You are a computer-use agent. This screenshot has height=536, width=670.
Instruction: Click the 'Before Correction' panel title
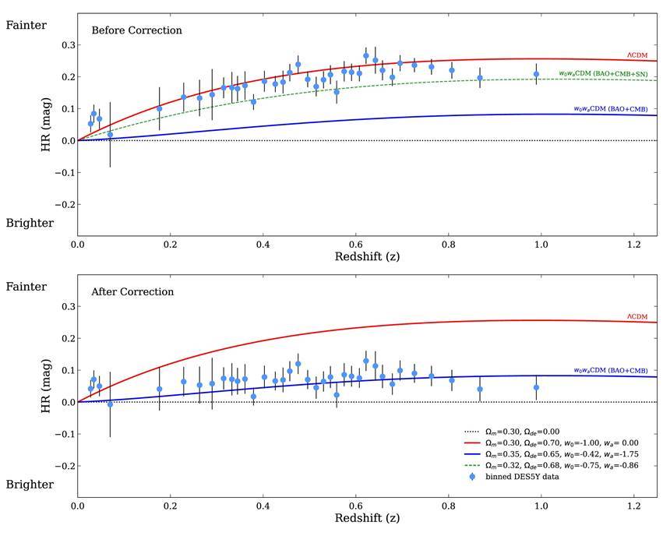tap(136, 30)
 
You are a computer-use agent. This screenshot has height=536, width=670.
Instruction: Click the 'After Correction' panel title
tap(132, 292)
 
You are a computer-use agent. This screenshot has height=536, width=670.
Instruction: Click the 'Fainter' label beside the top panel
tap(26, 25)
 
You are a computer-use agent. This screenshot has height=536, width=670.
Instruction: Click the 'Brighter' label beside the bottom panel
tap(30, 485)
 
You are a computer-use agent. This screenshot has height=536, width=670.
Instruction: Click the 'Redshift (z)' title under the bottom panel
tap(366, 518)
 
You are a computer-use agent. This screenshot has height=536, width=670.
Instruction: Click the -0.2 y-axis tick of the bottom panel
tap(63, 466)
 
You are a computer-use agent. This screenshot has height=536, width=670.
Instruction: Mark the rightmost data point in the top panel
tap(536, 74)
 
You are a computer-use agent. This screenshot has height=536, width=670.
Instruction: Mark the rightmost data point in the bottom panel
tap(536, 387)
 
